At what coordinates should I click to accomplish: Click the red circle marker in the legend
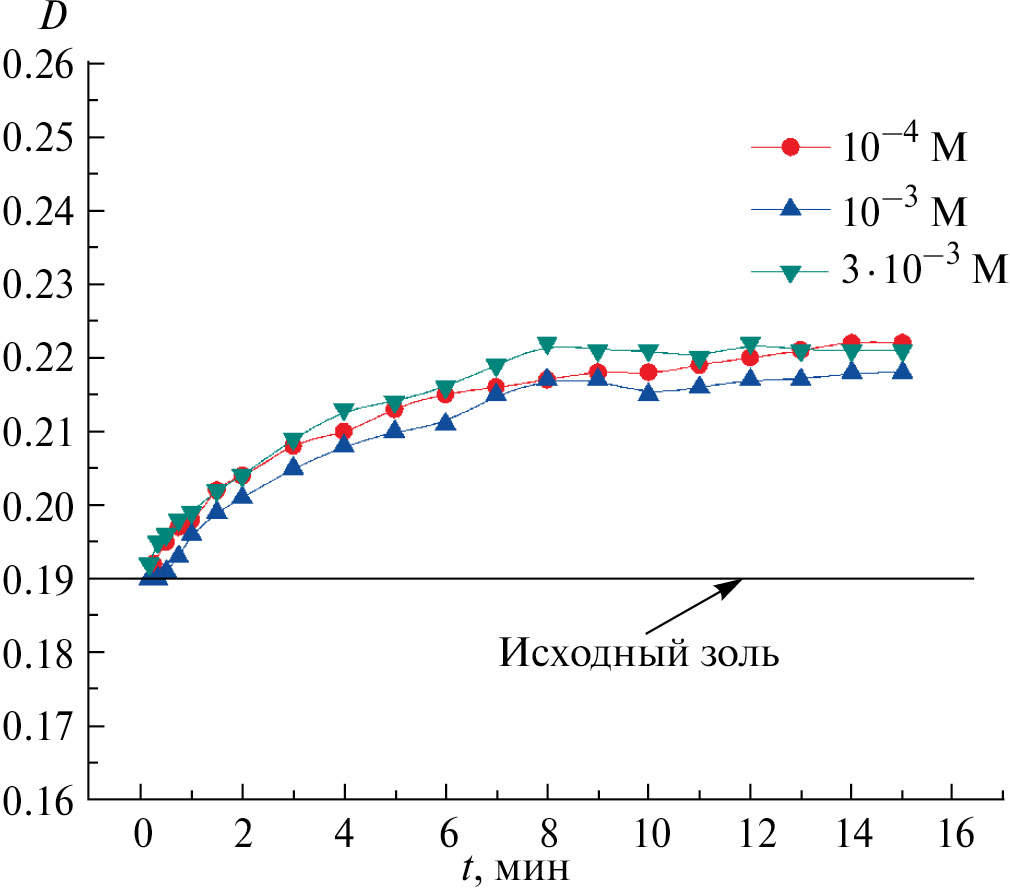[790, 147]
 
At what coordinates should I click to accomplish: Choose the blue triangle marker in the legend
[790, 208]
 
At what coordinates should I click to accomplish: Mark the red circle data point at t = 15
[902, 342]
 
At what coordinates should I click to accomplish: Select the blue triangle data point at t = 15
[902, 371]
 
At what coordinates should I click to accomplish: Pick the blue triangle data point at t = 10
[649, 392]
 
